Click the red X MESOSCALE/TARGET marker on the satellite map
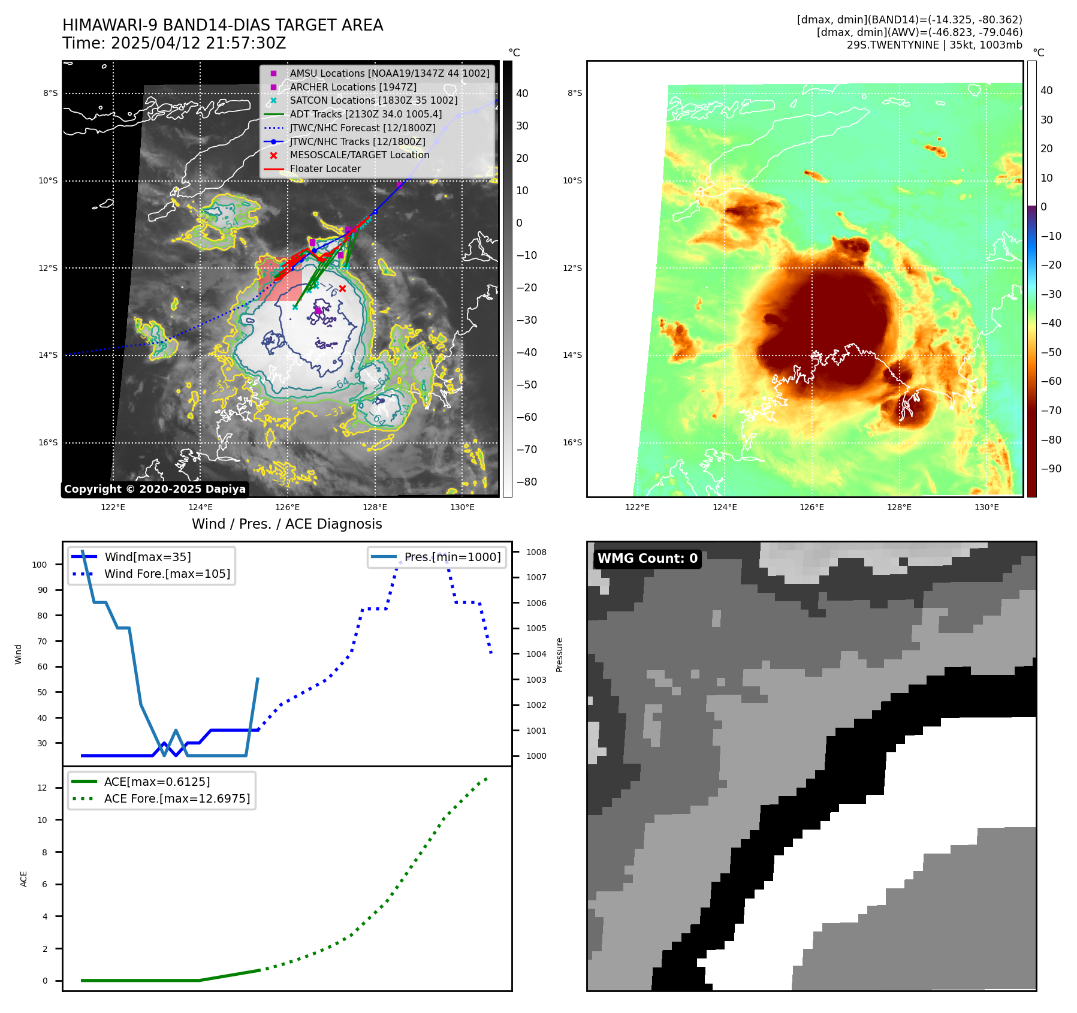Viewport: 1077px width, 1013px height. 342,288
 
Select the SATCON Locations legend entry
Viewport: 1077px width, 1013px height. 373,100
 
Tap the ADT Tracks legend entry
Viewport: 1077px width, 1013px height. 366,114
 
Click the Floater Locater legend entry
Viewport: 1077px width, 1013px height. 325,169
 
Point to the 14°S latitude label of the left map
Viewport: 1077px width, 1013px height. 48,355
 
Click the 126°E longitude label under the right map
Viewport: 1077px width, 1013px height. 811,508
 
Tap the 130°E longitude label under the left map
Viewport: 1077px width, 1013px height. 462,508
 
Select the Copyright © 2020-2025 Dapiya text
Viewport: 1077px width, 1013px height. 155,489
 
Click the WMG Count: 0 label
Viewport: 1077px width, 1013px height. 647,559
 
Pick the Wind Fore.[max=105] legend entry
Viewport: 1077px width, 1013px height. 167,574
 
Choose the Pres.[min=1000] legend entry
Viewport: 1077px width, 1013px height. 452,557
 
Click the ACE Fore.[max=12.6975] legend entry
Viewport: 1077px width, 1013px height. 177,799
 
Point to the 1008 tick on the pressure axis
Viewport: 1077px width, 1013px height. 536,553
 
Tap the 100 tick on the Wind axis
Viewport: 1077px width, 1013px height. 40,565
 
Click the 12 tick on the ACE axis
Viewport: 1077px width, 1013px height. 42,788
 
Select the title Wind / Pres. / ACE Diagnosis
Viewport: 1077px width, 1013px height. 286,524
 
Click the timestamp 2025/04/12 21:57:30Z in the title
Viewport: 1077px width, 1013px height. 198,44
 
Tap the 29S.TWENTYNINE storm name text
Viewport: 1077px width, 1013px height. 892,45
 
